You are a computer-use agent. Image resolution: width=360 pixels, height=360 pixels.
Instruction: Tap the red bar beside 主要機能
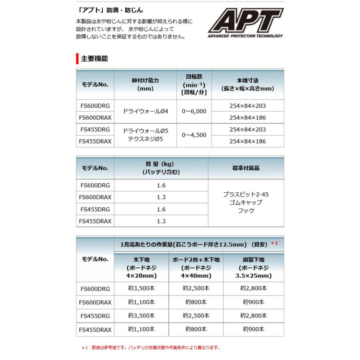coord(77,59)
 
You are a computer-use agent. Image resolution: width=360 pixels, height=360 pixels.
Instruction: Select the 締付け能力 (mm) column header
coord(145,84)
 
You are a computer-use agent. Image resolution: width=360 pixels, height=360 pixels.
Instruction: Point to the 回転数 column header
coord(194,84)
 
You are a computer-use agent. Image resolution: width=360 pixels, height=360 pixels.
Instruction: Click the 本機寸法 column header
coord(248,84)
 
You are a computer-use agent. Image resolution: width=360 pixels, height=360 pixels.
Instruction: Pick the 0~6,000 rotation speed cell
coord(194,112)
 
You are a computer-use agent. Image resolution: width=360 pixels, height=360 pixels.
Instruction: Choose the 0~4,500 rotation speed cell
coord(194,135)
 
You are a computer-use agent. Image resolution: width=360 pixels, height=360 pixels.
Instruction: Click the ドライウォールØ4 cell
coord(145,112)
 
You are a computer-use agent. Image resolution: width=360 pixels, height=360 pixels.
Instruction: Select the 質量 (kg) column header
coord(161,168)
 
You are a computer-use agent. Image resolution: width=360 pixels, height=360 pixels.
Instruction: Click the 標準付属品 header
coord(246,168)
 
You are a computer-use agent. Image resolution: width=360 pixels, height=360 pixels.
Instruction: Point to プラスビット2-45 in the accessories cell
coord(246,194)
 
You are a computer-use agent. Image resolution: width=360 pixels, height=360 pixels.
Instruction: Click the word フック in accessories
coord(246,210)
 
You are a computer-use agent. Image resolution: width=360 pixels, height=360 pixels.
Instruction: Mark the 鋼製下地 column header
coord(254,268)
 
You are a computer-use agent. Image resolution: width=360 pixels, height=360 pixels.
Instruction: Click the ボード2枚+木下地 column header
coord(196,268)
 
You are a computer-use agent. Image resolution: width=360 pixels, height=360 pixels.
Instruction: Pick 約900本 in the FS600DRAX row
coord(254,302)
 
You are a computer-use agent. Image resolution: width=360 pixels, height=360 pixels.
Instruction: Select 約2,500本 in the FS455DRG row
coord(196,316)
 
